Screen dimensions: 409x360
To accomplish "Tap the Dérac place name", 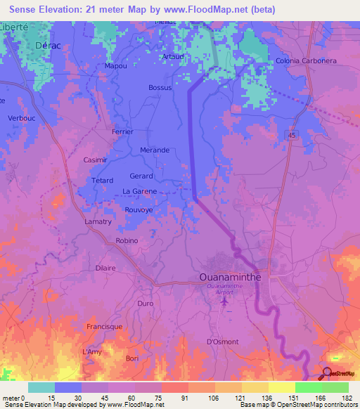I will (x=46, y=44).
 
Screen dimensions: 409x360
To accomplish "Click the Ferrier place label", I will (x=122, y=131).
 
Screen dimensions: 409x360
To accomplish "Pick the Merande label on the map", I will (x=155, y=150).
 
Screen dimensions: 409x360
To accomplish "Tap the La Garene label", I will (x=139, y=191).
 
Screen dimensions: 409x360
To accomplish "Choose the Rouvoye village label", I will (x=138, y=209).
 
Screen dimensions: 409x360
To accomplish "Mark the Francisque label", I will (x=104, y=327).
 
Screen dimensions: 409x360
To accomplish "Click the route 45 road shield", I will (x=290, y=134).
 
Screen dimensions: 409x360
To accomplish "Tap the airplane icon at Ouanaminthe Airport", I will (x=224, y=301).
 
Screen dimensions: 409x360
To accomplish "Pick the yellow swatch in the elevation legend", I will (x=281, y=387).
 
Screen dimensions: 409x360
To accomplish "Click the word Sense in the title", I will (x=23, y=9).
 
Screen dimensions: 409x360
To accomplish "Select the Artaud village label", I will (x=173, y=56).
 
